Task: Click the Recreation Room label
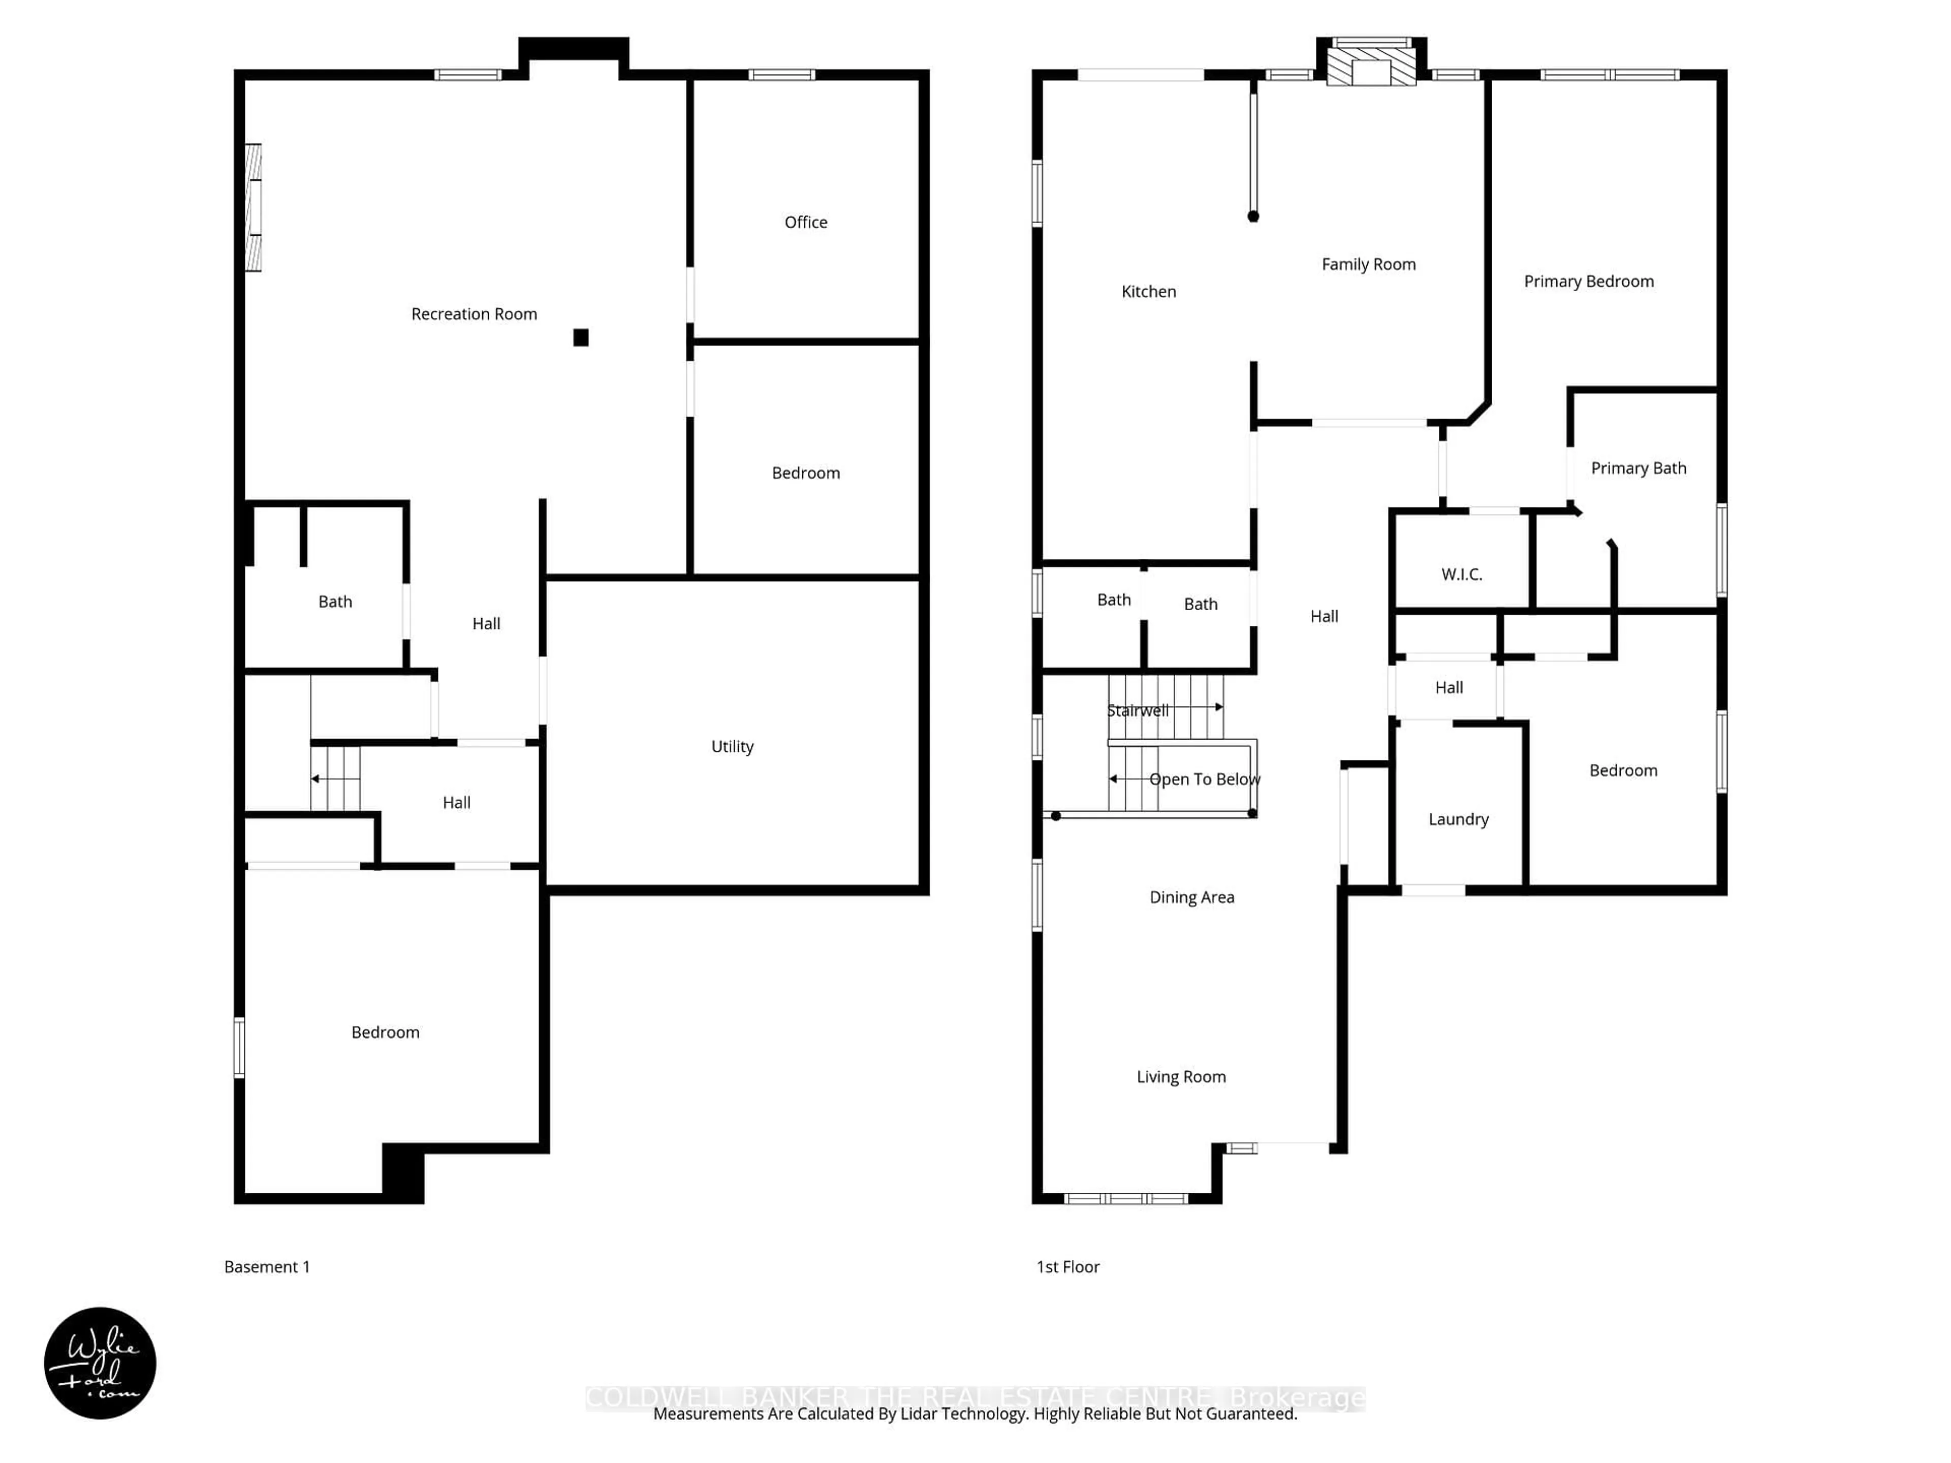click(x=474, y=314)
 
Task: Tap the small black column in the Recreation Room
click(x=580, y=338)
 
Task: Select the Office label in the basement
click(x=805, y=222)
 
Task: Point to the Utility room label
click(x=732, y=746)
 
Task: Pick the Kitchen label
click(x=1148, y=292)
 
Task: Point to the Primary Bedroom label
click(x=1589, y=281)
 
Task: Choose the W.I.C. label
click(x=1462, y=574)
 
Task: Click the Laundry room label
click(x=1458, y=819)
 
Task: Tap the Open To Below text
click(x=1204, y=780)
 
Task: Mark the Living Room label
click(x=1181, y=1077)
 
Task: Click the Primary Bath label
click(x=1638, y=468)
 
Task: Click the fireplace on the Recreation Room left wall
click(x=253, y=207)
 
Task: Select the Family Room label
click(x=1368, y=265)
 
